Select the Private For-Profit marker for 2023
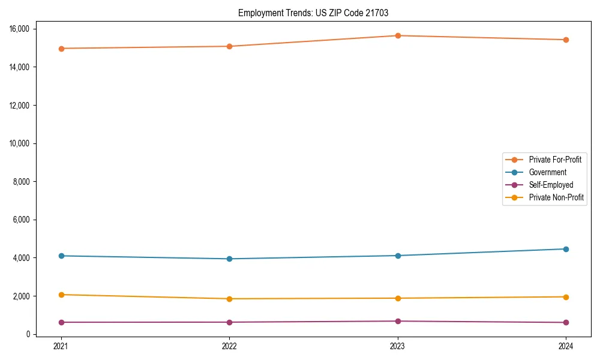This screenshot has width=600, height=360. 398,35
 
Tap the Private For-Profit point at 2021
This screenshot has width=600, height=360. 61,49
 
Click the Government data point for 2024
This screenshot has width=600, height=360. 566,249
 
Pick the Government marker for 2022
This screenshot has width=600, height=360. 229,259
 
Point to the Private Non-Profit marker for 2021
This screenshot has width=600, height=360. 61,295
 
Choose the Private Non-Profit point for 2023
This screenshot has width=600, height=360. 398,298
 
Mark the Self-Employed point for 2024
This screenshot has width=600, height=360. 566,322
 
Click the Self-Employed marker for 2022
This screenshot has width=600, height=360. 229,322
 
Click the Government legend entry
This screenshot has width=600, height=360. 548,172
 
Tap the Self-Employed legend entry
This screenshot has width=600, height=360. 551,185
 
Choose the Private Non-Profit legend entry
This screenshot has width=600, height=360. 556,197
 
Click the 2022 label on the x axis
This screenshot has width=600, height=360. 229,346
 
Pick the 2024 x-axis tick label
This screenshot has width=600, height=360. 566,346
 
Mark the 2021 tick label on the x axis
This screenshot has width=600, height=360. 61,346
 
